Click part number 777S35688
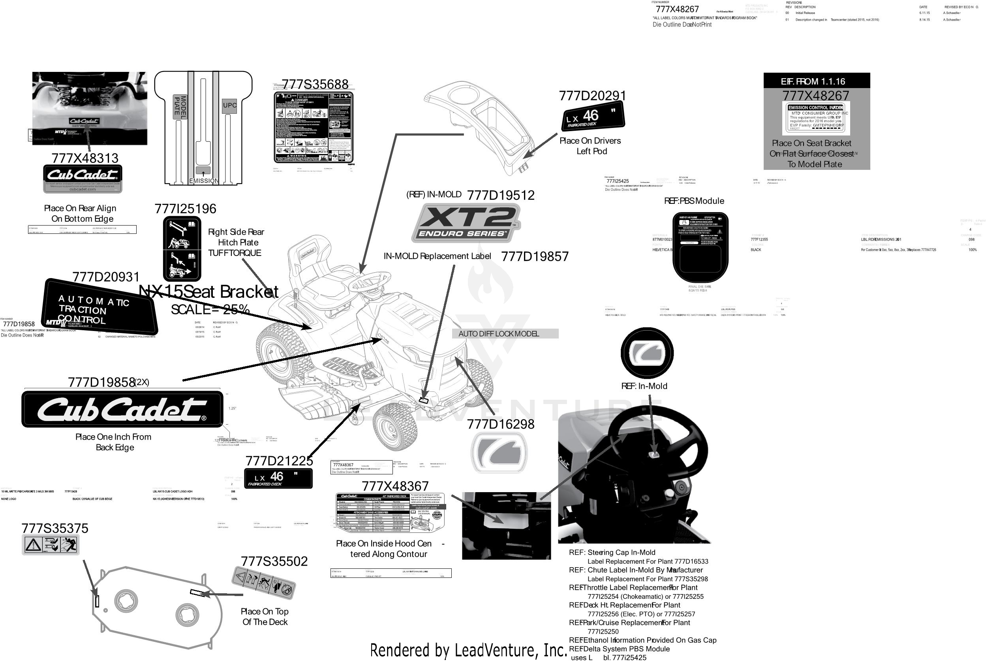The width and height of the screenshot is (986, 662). click(x=315, y=85)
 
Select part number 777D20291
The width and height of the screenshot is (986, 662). click(x=592, y=96)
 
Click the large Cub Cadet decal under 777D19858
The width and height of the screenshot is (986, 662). click(x=122, y=409)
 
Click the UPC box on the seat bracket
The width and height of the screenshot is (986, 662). click(x=229, y=105)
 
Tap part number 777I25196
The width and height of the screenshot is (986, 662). click(x=185, y=209)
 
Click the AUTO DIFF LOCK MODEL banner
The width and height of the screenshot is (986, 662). click(x=505, y=334)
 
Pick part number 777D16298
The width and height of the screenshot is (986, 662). click(x=501, y=424)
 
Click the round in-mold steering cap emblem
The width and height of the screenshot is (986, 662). click(x=647, y=353)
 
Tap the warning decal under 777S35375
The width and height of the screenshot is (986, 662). click(x=51, y=545)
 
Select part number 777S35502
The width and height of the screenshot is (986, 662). click(x=274, y=562)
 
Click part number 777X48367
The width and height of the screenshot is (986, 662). click(x=395, y=486)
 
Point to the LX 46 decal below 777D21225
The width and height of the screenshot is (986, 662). click(x=278, y=478)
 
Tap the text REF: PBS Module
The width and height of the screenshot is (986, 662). click(x=694, y=201)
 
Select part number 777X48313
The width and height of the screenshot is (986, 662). click(x=85, y=158)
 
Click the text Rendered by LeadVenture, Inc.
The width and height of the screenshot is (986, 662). click(x=469, y=650)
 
